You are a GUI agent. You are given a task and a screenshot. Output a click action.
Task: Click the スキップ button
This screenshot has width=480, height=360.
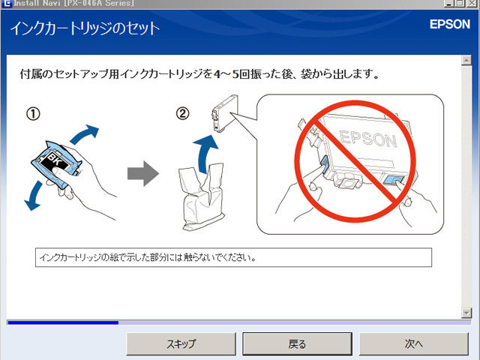tap(181, 343)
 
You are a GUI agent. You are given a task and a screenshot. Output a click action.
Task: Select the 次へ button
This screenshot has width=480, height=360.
tap(413, 343)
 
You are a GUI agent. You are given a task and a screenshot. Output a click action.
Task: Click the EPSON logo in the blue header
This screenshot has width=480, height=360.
tap(450, 25)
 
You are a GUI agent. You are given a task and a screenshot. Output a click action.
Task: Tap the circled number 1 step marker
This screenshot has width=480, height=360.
tap(33, 114)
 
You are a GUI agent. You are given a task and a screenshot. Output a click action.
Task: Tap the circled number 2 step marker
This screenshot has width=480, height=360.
tap(182, 113)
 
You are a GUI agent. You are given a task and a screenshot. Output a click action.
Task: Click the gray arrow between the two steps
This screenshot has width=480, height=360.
tap(143, 173)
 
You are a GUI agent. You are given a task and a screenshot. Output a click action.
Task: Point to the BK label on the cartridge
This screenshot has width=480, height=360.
tap(55, 160)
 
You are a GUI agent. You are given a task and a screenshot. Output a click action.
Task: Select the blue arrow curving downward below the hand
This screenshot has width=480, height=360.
tap(34, 196)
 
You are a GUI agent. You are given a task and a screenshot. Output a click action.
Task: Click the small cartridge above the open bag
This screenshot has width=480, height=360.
tap(225, 113)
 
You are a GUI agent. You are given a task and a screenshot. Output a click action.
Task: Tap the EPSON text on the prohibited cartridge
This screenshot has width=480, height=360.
tap(368, 138)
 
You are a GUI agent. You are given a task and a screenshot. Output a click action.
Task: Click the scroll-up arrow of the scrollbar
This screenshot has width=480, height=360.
tap(466, 60)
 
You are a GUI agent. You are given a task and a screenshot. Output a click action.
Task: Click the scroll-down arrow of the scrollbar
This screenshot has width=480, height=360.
tap(466, 313)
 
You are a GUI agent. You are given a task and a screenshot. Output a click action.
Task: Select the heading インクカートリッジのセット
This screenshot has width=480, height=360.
tap(85, 28)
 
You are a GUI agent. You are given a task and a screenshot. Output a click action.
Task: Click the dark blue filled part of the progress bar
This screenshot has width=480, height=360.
tap(63, 322)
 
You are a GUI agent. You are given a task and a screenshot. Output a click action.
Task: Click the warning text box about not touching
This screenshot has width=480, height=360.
tap(233, 257)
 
